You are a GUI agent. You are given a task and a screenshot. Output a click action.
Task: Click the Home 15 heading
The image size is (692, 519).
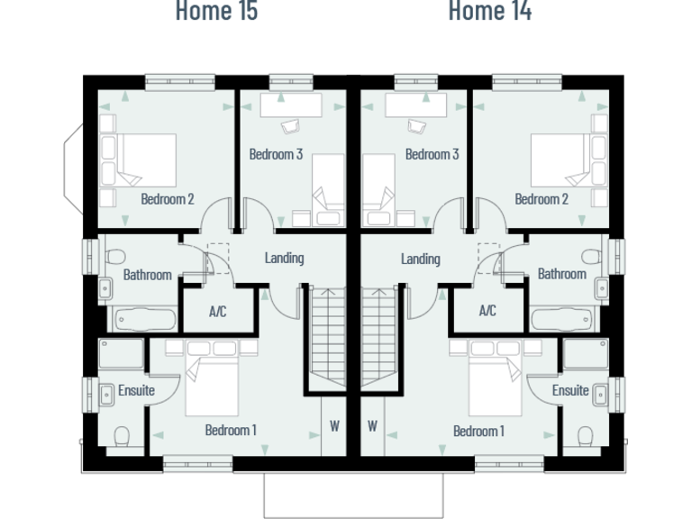coord(216,12)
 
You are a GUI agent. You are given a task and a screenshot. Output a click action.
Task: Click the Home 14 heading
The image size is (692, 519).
coord(489,12)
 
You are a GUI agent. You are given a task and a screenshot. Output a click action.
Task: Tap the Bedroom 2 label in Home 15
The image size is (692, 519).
coord(168,199)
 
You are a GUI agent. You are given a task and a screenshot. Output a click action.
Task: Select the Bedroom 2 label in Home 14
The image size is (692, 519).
coord(542,199)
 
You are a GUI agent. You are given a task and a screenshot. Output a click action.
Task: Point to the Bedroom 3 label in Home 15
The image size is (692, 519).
coord(276,154)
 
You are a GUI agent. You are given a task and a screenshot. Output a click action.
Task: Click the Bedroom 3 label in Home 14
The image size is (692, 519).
coord(432,154)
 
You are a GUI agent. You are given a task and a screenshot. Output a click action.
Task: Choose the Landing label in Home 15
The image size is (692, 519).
coord(284,258)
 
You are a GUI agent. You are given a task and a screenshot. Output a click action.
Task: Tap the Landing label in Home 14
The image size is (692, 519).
coord(420,259)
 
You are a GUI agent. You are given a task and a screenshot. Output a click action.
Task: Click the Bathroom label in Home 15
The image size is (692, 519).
coord(147,274)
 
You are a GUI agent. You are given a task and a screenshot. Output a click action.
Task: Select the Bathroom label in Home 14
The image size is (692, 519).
coord(561,273)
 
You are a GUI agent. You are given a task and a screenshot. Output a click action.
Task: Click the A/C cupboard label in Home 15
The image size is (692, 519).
coord(217,312)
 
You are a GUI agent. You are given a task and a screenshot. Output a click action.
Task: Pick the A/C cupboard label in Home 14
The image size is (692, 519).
coord(487,312)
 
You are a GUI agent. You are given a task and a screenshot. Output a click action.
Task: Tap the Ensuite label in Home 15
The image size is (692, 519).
coord(136,390)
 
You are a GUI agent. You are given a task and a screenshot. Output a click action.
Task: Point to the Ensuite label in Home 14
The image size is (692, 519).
coord(570,390)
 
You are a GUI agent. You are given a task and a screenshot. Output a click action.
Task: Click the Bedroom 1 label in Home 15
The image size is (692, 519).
coord(231,431)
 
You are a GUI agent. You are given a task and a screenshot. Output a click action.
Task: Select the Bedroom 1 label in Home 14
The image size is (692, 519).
coord(478,431)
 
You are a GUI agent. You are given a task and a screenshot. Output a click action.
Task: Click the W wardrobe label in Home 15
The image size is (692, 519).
coord(334,426)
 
